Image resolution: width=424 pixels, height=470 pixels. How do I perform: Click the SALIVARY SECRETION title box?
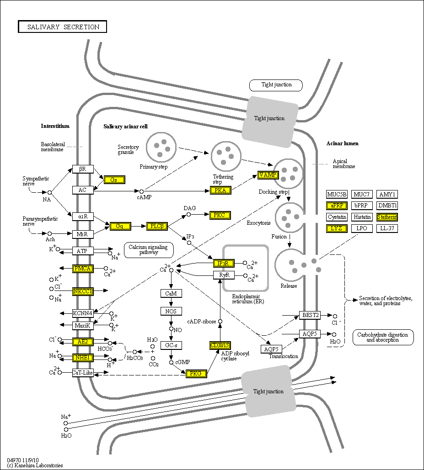pyautogui.click(x=63, y=27)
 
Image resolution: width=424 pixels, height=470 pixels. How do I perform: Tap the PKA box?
pyautogui.click(x=220, y=190)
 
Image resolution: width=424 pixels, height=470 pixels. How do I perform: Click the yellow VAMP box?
pyautogui.click(x=268, y=175)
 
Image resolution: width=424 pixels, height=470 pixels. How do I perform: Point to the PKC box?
pyautogui.click(x=220, y=215)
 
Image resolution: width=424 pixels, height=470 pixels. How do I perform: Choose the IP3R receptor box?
pyautogui.click(x=224, y=263)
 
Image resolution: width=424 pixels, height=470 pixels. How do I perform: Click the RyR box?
pyautogui.click(x=224, y=275)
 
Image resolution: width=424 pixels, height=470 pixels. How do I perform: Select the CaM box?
pyautogui.click(x=171, y=293)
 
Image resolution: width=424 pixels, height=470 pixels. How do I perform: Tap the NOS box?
pyautogui.click(x=171, y=311)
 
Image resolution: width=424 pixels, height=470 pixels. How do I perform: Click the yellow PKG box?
pyautogui.click(x=196, y=374)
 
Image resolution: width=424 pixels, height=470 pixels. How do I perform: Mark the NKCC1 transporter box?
pyautogui.click(x=83, y=291)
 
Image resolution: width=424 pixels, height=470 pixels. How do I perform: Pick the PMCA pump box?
pyautogui.click(x=83, y=269)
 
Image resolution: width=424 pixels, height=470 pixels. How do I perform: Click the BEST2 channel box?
pyautogui.click(x=310, y=315)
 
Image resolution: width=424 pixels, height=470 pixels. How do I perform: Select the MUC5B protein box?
pyautogui.click(x=337, y=194)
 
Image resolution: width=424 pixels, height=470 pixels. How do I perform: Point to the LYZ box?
pyautogui.click(x=337, y=228)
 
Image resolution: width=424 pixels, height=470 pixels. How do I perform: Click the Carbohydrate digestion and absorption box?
pyautogui.click(x=383, y=338)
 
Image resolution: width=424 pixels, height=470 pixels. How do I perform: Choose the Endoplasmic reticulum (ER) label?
pyautogui.click(x=248, y=299)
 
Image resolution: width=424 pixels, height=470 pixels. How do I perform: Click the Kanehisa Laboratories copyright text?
pyautogui.click(x=35, y=465)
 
